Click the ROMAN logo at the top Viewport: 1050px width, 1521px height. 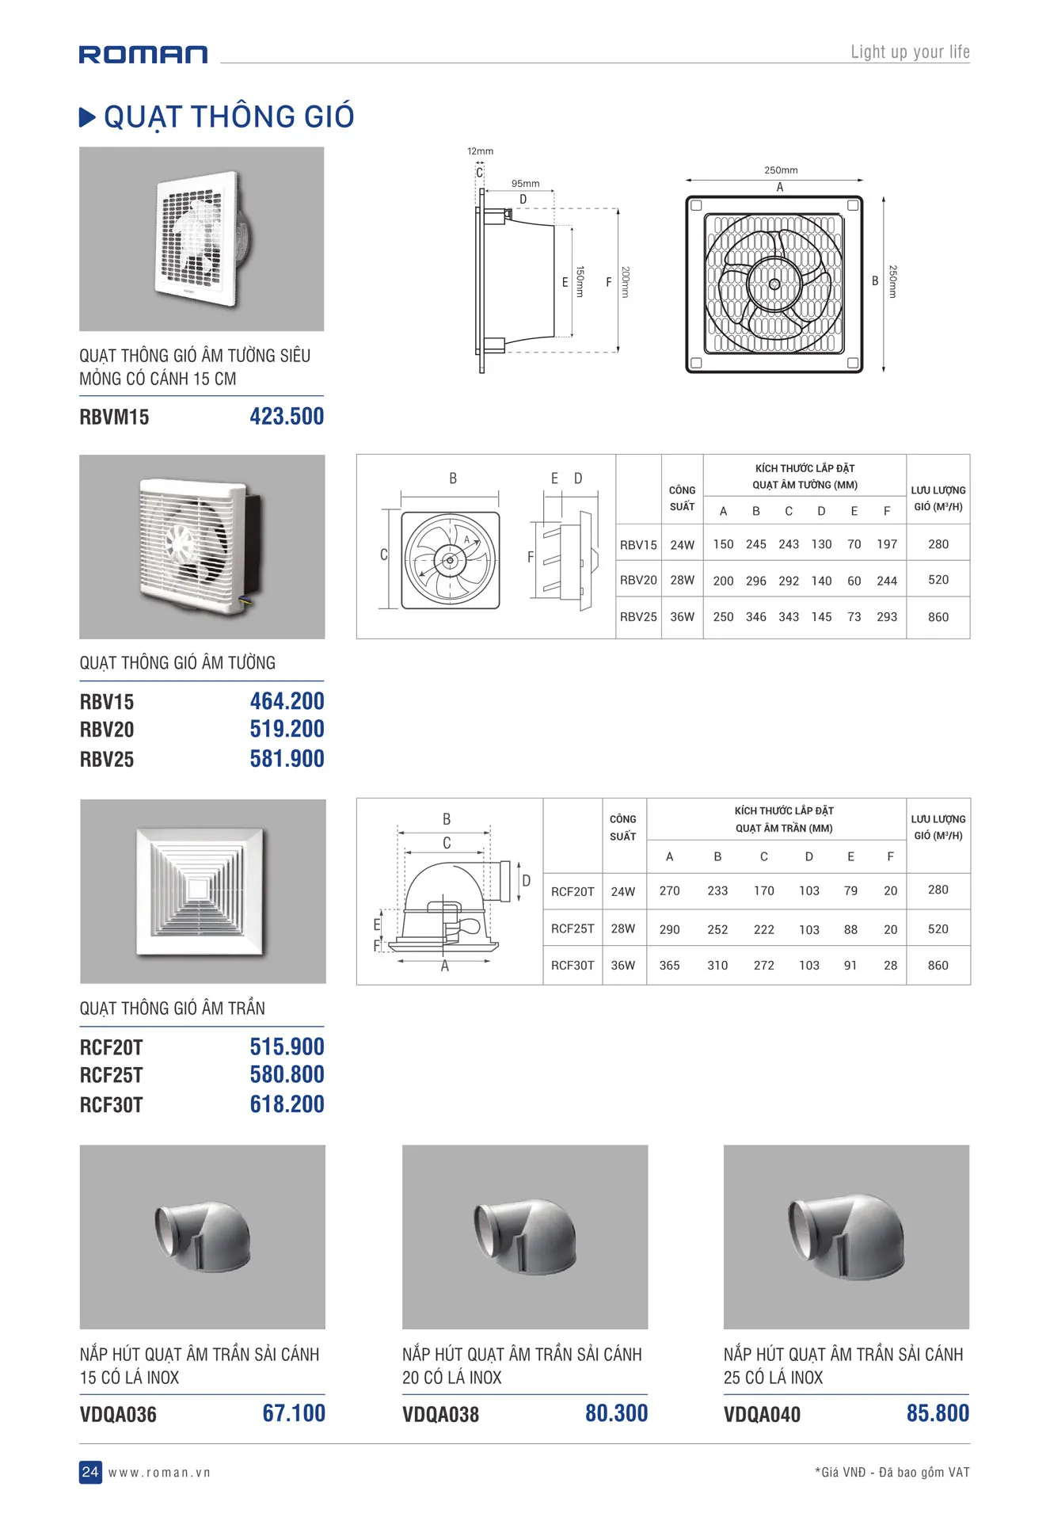pos(143,54)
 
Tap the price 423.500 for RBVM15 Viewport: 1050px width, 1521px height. pos(287,417)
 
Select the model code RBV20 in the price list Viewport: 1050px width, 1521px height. pos(107,730)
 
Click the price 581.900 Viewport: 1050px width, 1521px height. pos(287,759)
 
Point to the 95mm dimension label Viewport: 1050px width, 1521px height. pos(525,184)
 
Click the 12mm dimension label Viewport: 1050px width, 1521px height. pos(480,151)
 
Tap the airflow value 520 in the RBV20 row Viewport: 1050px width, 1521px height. pos(938,580)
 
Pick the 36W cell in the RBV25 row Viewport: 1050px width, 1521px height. pos(682,617)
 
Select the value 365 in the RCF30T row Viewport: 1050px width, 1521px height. pos(669,966)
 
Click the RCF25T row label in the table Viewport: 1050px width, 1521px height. pos(573,928)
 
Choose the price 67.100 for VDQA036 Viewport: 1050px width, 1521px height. pos(294,1413)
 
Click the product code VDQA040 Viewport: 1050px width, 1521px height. pos(762,1415)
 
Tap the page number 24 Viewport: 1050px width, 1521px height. pos(90,1472)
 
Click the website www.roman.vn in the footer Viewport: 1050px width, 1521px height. pos(159,1473)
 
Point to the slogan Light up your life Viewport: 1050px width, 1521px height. pos(910,52)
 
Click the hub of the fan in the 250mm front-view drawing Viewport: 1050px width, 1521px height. pos(774,284)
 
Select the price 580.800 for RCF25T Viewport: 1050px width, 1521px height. pos(287,1075)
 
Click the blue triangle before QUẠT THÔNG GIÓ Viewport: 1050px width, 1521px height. pos(87,118)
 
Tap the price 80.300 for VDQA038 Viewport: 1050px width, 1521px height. pos(616,1413)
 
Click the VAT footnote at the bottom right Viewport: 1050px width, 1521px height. pos(892,1473)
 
